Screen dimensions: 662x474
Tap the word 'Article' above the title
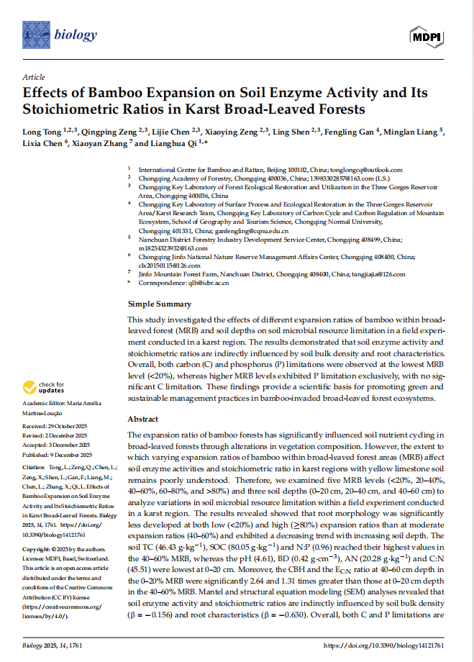click(x=33, y=77)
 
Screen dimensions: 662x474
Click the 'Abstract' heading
click(x=143, y=418)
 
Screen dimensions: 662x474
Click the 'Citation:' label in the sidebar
click(x=35, y=468)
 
